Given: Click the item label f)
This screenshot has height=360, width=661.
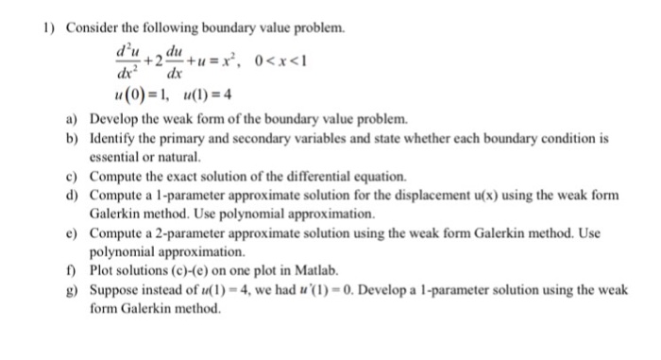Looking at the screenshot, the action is coord(72,270).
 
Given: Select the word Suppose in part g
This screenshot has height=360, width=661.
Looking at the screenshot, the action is coord(114,289).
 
